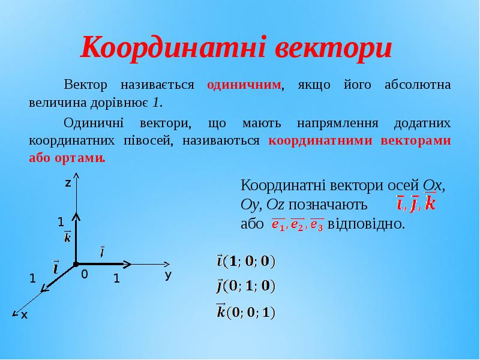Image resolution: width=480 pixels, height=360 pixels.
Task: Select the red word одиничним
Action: tap(244, 85)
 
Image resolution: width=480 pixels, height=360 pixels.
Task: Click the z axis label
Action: tap(68, 182)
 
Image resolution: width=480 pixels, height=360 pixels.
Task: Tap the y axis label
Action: tap(169, 275)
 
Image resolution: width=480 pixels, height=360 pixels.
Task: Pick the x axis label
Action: tap(24, 314)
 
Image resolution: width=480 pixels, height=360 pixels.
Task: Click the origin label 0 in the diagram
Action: tap(85, 274)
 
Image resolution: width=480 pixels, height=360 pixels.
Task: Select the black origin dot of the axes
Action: tap(76, 263)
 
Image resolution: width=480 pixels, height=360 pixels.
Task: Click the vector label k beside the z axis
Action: tap(67, 237)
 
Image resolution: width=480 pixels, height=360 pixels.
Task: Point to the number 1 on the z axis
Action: tap(61, 222)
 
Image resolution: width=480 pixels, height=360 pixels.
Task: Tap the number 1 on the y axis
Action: tap(117, 279)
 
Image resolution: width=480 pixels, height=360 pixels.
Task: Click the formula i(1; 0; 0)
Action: tap(245, 261)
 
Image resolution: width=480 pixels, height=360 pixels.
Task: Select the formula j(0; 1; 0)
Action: tap(245, 286)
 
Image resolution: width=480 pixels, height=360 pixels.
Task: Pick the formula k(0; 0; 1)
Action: tap(245, 311)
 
